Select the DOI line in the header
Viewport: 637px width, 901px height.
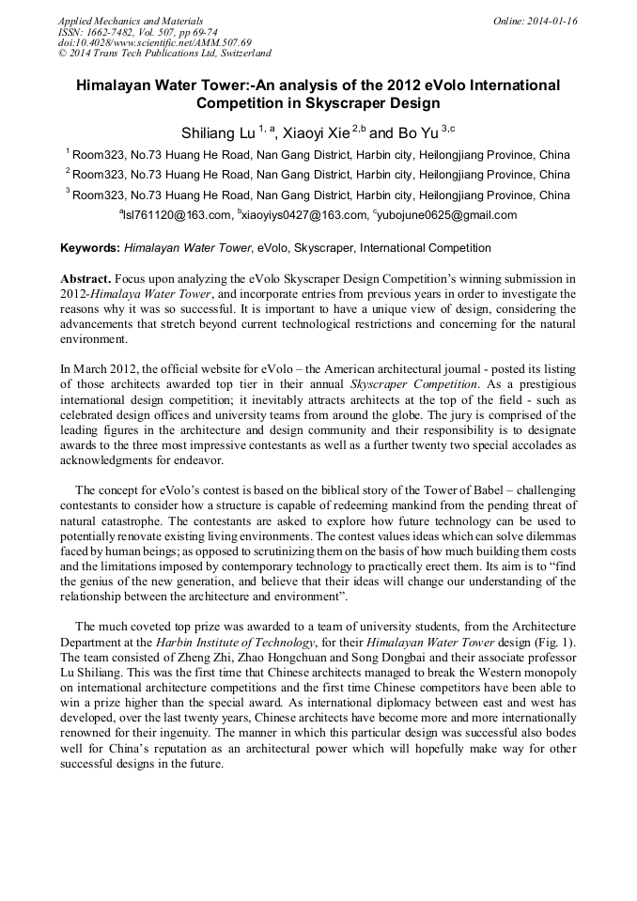tap(155, 43)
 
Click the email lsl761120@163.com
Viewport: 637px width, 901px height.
tap(177, 215)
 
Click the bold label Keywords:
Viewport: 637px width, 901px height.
tap(90, 248)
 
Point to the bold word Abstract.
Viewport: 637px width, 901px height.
tap(86, 280)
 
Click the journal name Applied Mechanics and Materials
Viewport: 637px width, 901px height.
tap(131, 21)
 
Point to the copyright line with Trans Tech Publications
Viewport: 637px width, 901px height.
tap(164, 54)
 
